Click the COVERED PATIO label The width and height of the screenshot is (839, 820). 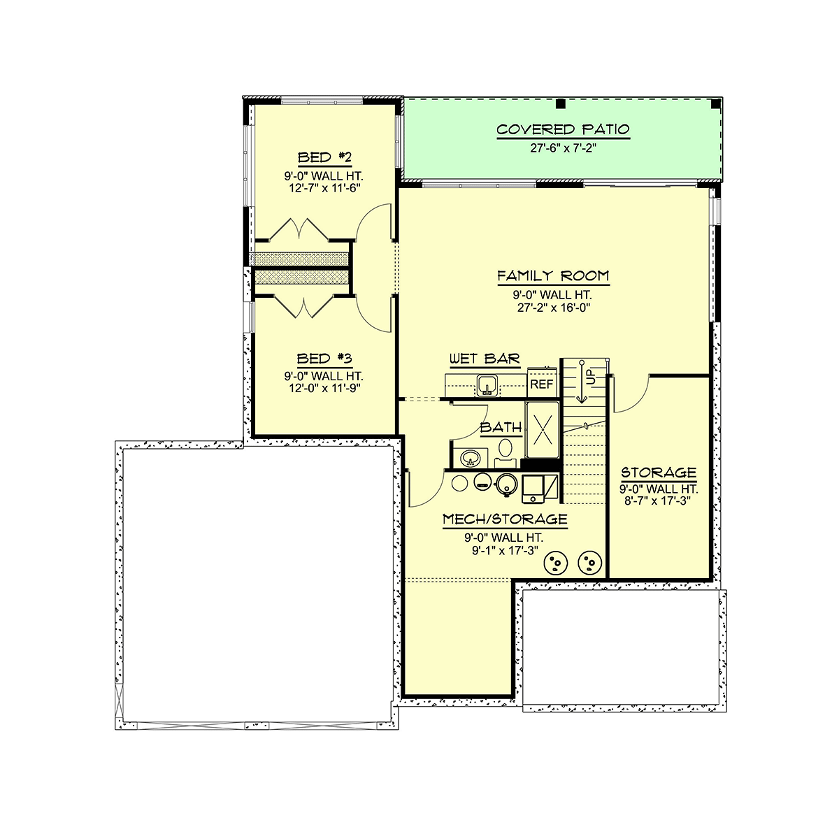[x=563, y=129]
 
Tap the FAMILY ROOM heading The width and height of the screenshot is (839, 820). [x=553, y=275]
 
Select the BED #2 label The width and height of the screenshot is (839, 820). [x=324, y=157]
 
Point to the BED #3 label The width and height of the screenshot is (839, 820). [x=324, y=358]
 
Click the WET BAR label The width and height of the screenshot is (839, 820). [x=484, y=359]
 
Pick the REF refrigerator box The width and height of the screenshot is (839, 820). [x=543, y=383]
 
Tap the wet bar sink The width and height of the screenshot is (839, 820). [x=487, y=385]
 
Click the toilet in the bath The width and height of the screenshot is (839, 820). [x=505, y=453]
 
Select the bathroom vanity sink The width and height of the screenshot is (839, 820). [x=470, y=458]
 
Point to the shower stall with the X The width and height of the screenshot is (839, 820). [x=542, y=430]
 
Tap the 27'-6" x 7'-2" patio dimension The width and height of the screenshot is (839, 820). [x=563, y=148]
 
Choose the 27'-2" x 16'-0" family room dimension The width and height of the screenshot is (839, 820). [x=553, y=308]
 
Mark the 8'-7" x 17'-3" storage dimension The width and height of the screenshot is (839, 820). [x=657, y=501]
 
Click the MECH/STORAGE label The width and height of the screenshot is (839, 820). [x=505, y=519]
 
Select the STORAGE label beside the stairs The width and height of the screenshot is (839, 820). [x=659, y=473]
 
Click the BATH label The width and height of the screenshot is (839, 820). [x=501, y=427]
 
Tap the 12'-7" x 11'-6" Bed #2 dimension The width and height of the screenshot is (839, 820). [x=324, y=188]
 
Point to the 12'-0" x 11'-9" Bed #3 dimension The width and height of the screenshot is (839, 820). [x=324, y=388]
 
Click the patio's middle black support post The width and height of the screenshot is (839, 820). [x=560, y=103]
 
